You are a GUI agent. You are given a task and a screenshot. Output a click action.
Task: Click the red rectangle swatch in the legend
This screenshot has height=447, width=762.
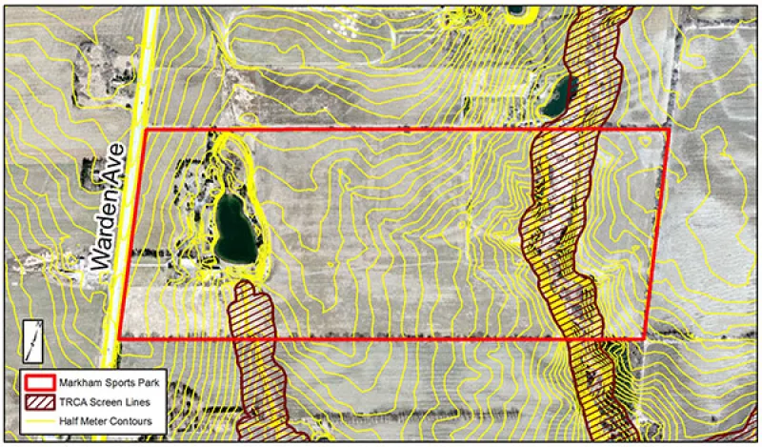pyautogui.click(x=38, y=383)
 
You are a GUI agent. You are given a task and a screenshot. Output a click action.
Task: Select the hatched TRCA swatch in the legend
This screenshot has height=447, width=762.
pyautogui.click(x=38, y=400)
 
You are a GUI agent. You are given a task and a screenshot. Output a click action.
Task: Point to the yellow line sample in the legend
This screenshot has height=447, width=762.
pyautogui.click(x=38, y=419)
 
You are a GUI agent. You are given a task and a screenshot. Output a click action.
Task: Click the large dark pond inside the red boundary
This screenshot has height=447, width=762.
pyautogui.click(x=233, y=230)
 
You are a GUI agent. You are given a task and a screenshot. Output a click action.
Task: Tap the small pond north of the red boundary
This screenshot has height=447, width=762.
pyautogui.click(x=555, y=95)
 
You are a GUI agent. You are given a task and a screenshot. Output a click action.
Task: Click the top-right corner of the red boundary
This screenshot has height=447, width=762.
pyautogui.click(x=670, y=129)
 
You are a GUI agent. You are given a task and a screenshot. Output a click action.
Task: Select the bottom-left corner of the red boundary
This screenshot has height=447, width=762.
pyautogui.click(x=119, y=338)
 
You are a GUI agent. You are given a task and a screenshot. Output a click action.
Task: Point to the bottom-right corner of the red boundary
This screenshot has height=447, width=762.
pyautogui.click(x=644, y=338)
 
